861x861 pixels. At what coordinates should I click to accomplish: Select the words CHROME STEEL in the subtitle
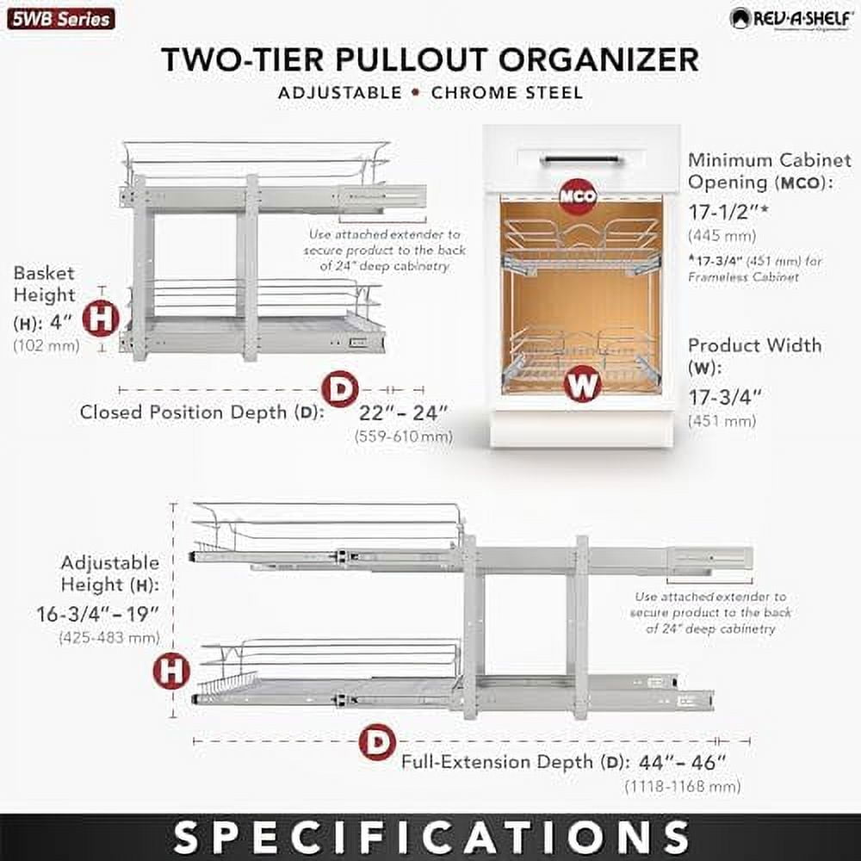(506, 92)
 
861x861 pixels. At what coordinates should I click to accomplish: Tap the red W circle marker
(583, 384)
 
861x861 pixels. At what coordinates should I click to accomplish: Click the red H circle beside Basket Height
(101, 319)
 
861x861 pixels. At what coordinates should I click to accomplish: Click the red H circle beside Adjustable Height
(171, 671)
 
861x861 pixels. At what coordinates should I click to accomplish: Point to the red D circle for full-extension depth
(377, 741)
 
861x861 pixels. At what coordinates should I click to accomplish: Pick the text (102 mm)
(46, 345)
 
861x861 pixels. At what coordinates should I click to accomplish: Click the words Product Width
(754, 345)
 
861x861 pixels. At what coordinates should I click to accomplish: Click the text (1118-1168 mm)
(683, 786)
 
